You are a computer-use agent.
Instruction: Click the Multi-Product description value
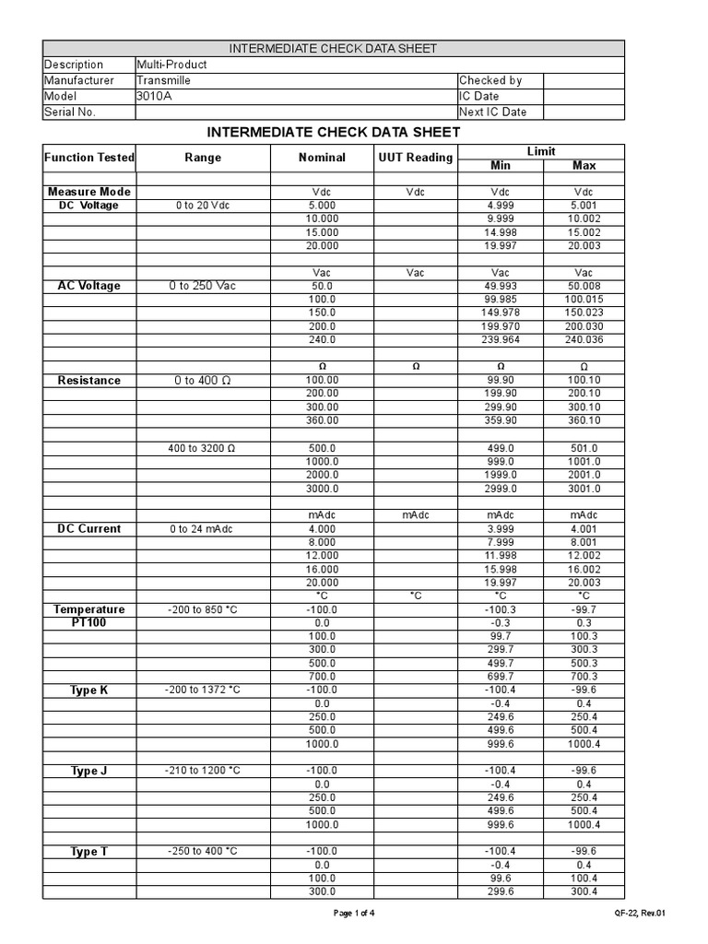pyautogui.click(x=171, y=65)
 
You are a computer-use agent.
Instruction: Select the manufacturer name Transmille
pyautogui.click(x=163, y=80)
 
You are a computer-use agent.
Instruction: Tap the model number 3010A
pyautogui.click(x=154, y=96)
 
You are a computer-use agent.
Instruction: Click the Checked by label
pyautogui.click(x=490, y=80)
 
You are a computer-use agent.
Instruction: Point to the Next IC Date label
pyautogui.click(x=493, y=112)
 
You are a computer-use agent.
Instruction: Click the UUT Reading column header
pyautogui.click(x=416, y=158)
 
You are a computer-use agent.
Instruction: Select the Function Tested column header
pyautogui.click(x=88, y=158)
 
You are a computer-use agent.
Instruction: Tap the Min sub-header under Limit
pyautogui.click(x=500, y=165)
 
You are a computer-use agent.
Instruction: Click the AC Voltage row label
pyautogui.click(x=88, y=286)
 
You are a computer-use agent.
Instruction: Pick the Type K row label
pyautogui.click(x=88, y=690)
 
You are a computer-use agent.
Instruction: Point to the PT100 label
pyautogui.click(x=88, y=623)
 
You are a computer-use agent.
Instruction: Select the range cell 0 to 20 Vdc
pyautogui.click(x=202, y=206)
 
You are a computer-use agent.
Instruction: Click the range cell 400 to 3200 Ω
pyautogui.click(x=202, y=448)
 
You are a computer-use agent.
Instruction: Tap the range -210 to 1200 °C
pyautogui.click(x=202, y=771)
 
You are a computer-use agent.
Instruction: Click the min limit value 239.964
pyautogui.click(x=500, y=340)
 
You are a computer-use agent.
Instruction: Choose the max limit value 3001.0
pyautogui.click(x=584, y=489)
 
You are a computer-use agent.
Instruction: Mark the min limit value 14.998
pyautogui.click(x=500, y=232)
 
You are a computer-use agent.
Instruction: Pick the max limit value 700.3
pyautogui.click(x=584, y=677)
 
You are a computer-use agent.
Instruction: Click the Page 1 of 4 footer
pyautogui.click(x=353, y=914)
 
